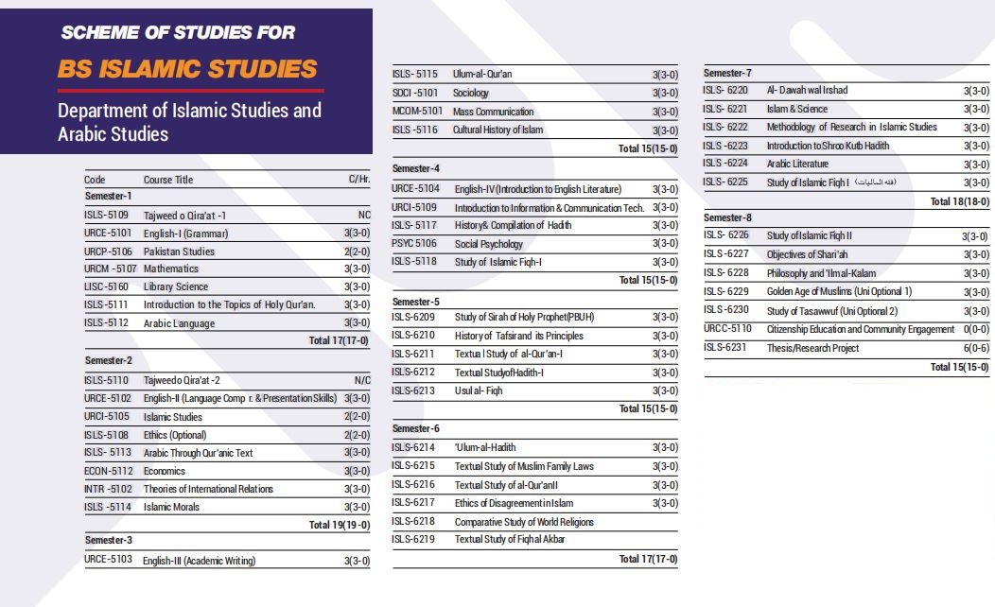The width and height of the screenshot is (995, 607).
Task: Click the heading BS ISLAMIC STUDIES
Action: (x=187, y=68)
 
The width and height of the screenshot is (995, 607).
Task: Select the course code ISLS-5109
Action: (x=106, y=216)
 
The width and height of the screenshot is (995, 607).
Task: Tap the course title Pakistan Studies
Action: (x=179, y=251)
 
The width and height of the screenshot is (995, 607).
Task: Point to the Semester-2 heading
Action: (x=109, y=360)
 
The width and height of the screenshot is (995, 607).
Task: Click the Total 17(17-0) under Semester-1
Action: (x=340, y=341)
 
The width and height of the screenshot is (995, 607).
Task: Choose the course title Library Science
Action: (x=176, y=286)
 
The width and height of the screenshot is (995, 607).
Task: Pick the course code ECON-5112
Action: (x=107, y=471)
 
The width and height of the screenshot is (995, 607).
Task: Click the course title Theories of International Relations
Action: (x=208, y=489)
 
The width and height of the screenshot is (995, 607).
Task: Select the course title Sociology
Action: (x=471, y=93)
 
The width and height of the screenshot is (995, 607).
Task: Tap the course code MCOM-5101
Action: (x=417, y=112)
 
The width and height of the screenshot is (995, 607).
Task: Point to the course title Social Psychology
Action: (x=488, y=244)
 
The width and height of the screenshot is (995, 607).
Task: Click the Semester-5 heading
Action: (x=416, y=302)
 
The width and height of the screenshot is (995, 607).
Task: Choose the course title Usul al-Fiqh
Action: (x=479, y=390)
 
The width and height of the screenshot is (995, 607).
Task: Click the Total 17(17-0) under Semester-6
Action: (x=648, y=559)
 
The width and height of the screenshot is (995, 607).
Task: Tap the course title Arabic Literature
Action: (x=797, y=164)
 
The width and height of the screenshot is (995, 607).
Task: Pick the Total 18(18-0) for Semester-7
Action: (x=959, y=201)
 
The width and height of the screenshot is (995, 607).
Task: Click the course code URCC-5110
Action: (x=727, y=329)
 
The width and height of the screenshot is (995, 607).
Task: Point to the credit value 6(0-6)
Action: (x=976, y=348)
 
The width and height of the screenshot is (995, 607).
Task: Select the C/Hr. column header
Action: (x=359, y=180)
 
